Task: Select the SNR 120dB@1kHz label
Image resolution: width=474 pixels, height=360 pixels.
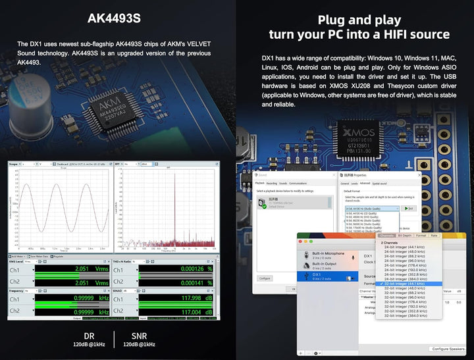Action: [139, 339]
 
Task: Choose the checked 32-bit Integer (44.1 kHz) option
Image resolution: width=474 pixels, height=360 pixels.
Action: [403, 283]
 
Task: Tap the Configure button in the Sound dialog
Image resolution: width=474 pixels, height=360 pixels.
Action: [265, 278]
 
